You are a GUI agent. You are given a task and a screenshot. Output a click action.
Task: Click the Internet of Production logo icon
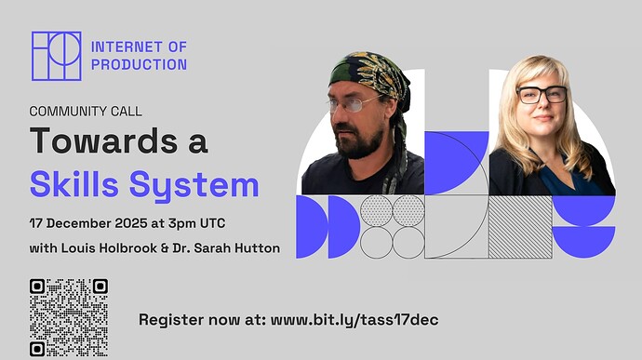point(55,56)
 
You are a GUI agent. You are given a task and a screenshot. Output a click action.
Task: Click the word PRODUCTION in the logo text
point(139,65)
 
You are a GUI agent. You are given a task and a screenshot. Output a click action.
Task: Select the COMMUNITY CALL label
point(86,111)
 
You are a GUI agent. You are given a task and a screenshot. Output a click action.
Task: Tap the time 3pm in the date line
point(186,226)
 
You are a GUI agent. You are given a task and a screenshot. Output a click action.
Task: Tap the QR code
point(69,317)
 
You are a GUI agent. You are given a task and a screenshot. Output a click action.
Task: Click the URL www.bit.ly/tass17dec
point(354,319)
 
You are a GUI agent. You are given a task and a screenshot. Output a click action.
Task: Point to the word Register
point(172,320)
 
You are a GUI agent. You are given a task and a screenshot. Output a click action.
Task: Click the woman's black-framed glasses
point(541,94)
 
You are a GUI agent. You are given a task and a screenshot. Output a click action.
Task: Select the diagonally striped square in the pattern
point(520,226)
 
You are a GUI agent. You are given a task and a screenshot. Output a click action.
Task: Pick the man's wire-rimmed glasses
point(354,103)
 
